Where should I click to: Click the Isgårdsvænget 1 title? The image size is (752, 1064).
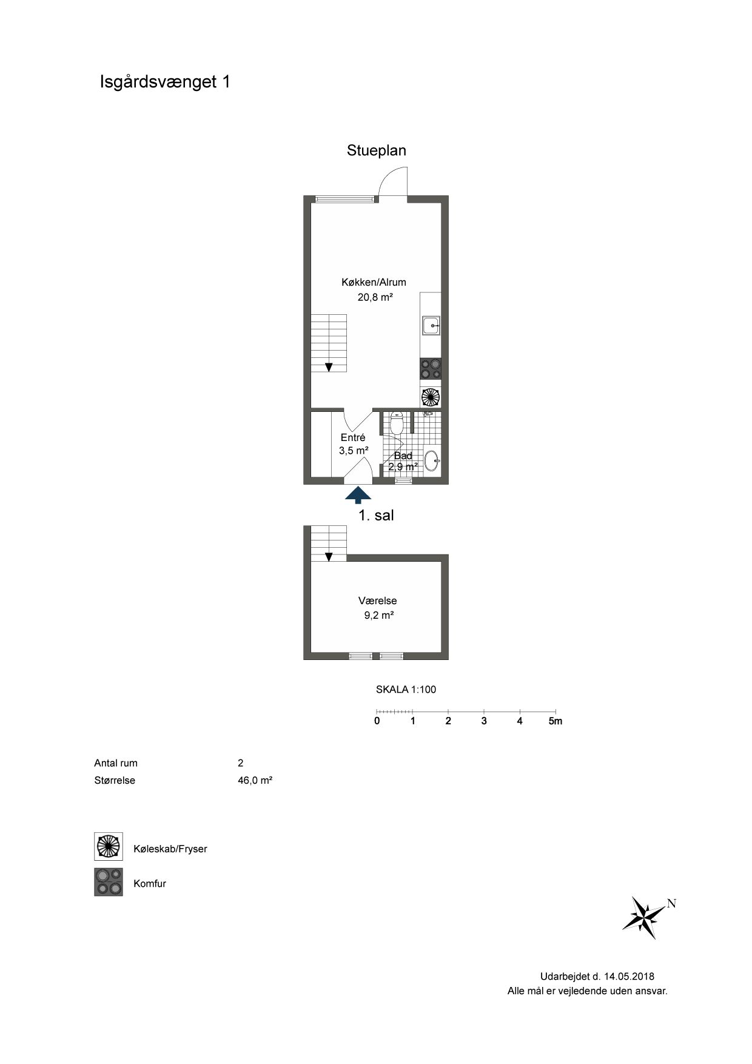[165, 82]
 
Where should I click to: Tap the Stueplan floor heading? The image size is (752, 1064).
[377, 150]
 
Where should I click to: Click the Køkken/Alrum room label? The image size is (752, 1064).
[374, 282]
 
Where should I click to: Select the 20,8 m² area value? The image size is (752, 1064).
[375, 297]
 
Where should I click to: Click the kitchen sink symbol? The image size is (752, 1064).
[431, 326]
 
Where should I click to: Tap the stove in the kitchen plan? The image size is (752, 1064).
[431, 369]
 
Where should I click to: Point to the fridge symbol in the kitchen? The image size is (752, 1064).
[431, 397]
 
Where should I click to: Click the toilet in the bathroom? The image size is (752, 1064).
[397, 423]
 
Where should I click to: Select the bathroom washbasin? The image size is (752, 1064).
[432, 460]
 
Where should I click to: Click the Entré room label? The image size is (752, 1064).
[353, 437]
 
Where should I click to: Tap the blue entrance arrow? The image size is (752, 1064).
[358, 495]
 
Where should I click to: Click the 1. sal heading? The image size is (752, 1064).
[377, 516]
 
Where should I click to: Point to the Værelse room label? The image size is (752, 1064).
[378, 601]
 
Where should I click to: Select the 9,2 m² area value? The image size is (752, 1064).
[378, 615]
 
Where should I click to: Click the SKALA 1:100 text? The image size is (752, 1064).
[406, 690]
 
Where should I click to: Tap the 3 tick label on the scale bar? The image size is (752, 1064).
[484, 721]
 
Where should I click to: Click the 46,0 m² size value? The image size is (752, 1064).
[255, 781]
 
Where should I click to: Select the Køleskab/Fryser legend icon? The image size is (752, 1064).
[109, 847]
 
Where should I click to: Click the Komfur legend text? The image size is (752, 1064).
[150, 884]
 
